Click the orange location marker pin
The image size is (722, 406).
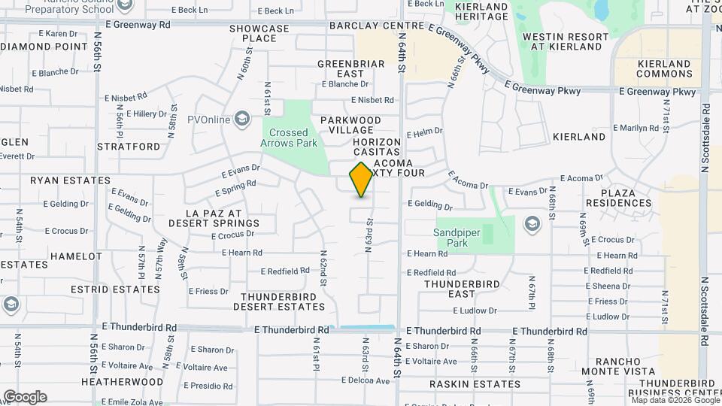[x=362, y=180]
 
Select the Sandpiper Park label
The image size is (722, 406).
[x=457, y=238]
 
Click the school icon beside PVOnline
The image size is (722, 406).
[x=242, y=119]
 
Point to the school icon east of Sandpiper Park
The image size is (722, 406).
[x=532, y=224]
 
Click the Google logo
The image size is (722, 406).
[x=25, y=396]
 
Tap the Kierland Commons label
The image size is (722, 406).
[x=664, y=68]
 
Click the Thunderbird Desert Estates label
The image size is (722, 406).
[x=278, y=301]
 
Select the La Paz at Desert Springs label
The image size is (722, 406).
[x=215, y=218]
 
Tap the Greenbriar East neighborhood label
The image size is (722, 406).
[x=350, y=68]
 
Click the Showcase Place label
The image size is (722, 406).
[x=259, y=33]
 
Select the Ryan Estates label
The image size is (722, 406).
[x=60, y=180]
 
